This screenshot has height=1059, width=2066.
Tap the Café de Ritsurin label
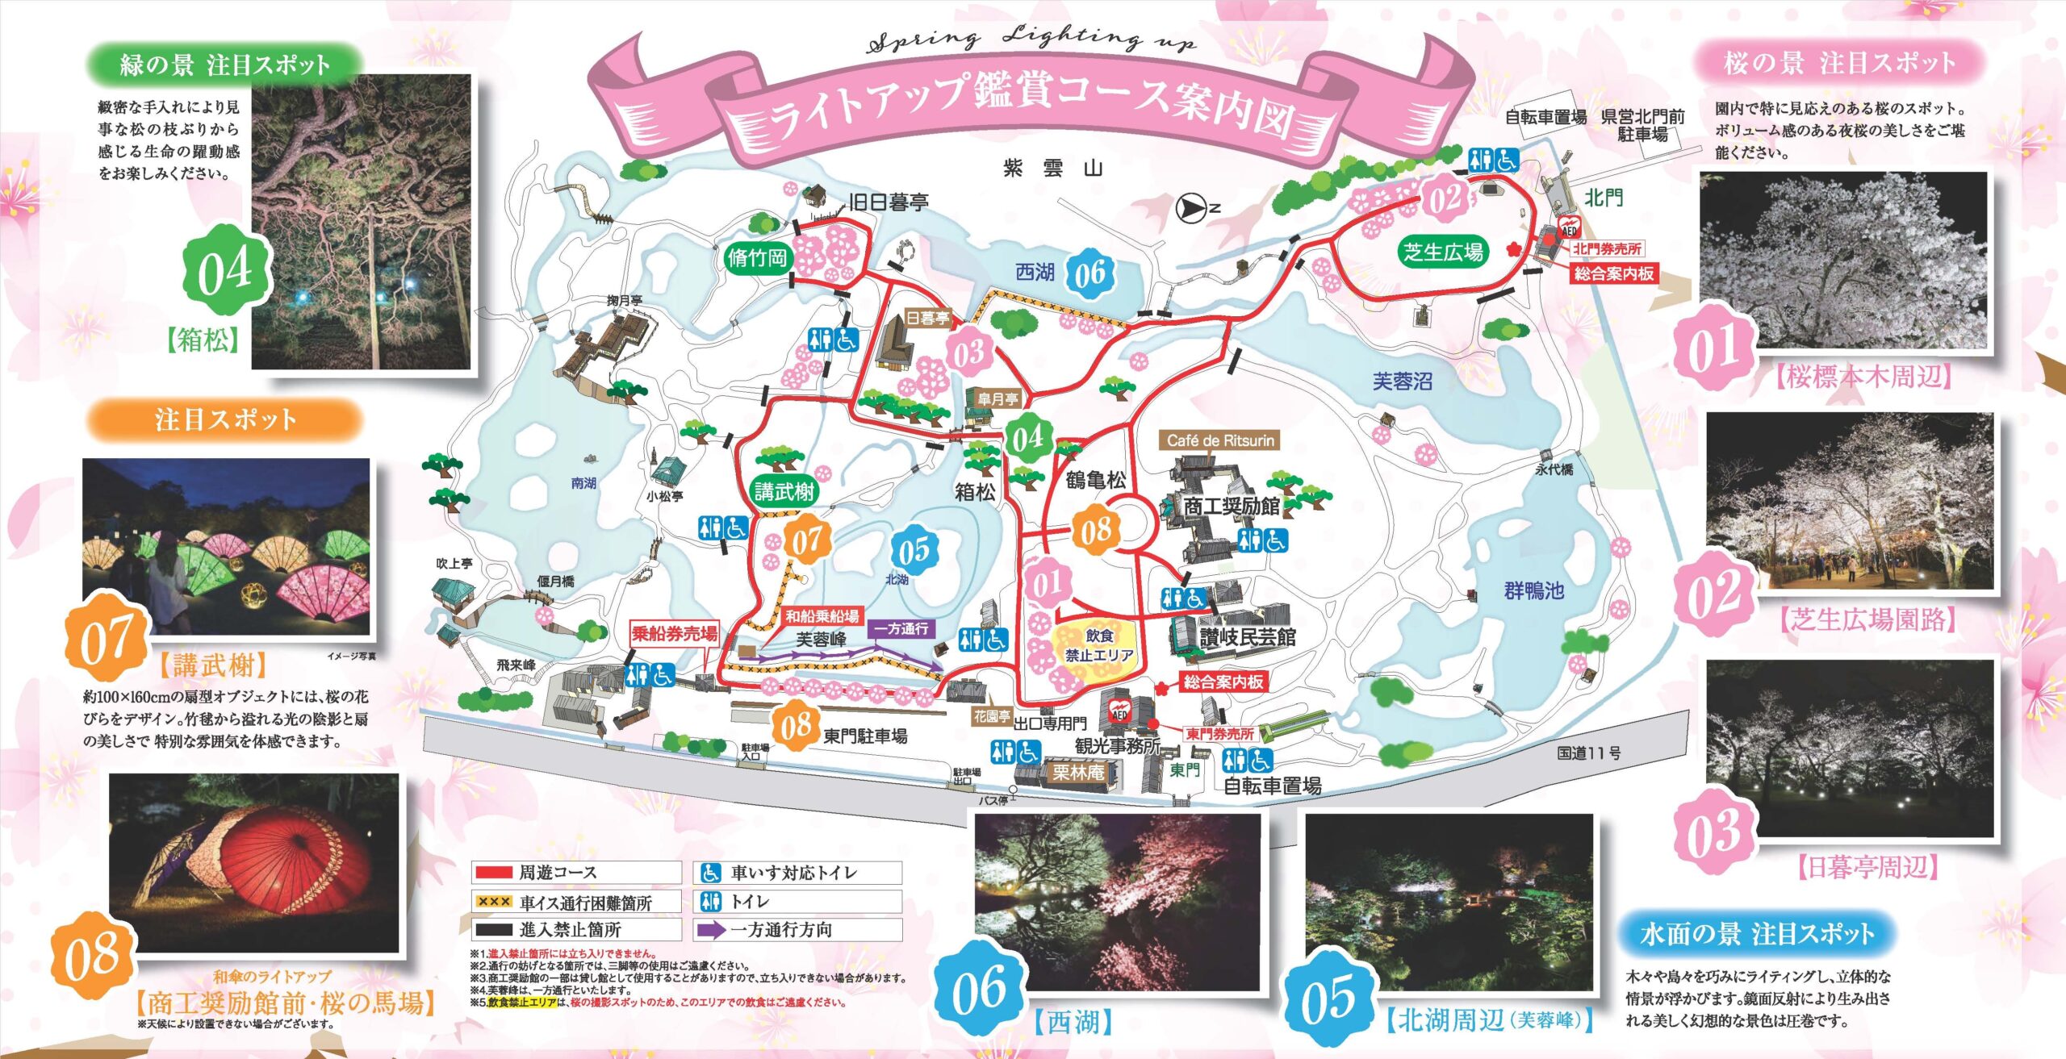[1220, 440]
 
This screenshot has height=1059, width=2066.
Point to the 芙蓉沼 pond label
[1403, 381]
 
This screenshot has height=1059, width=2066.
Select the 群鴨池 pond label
[1533, 591]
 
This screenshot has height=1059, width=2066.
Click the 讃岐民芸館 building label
[1248, 637]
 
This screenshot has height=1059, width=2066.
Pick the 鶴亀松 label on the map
[1095, 481]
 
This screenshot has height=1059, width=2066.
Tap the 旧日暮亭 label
[888, 202]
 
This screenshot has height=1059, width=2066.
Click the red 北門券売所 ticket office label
[1606, 249]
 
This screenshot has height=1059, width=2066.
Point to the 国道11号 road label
[1588, 753]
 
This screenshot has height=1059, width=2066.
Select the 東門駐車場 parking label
[864, 736]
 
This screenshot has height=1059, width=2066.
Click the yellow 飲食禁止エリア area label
[1098, 645]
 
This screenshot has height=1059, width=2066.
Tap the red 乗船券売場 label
[674, 634]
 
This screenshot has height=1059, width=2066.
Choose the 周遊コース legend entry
[557, 873]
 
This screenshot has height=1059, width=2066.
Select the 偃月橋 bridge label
[555, 582]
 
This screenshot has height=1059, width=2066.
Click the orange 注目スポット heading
[225, 419]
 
